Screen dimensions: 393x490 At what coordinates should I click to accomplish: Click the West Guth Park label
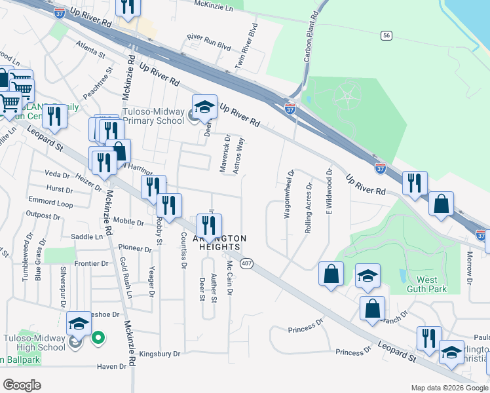point(426,284)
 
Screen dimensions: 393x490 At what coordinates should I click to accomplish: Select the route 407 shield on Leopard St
point(246,263)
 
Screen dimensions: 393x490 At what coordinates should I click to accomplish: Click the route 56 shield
point(387,35)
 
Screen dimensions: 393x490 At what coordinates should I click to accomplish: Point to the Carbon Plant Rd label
point(311,36)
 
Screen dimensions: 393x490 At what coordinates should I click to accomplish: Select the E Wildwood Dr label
point(330,191)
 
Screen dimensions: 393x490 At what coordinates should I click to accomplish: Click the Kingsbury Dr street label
point(159,354)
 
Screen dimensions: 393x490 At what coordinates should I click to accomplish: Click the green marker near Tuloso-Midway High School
point(98,338)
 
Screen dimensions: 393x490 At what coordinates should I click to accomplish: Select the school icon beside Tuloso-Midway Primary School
point(204,107)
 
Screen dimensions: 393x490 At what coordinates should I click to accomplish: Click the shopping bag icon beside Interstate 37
point(442,203)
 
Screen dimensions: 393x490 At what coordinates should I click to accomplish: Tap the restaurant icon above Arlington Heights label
point(209,227)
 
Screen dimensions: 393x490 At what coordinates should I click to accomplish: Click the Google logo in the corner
point(22,385)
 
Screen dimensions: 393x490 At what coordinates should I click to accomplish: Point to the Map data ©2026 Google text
point(449,388)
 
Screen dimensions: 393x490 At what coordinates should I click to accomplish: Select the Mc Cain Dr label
point(230,278)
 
